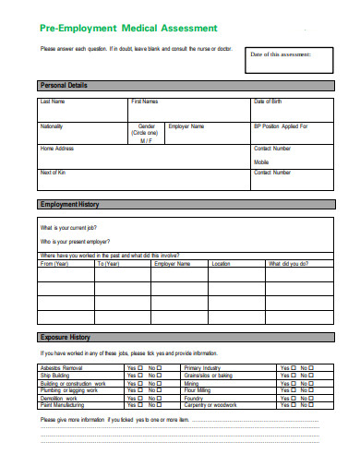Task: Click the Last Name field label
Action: (53, 101)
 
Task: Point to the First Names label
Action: (145, 101)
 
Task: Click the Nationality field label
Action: (52, 125)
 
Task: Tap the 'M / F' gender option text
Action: (146, 140)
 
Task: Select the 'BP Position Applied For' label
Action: (281, 125)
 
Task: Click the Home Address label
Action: (55, 148)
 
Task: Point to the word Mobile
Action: (261, 161)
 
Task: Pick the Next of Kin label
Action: (52, 173)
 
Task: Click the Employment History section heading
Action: (69, 204)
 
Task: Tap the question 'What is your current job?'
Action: (69, 227)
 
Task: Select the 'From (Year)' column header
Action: (54, 264)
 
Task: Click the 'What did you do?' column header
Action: (289, 264)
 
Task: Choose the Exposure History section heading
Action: (65, 337)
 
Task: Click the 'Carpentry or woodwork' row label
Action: (211, 404)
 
